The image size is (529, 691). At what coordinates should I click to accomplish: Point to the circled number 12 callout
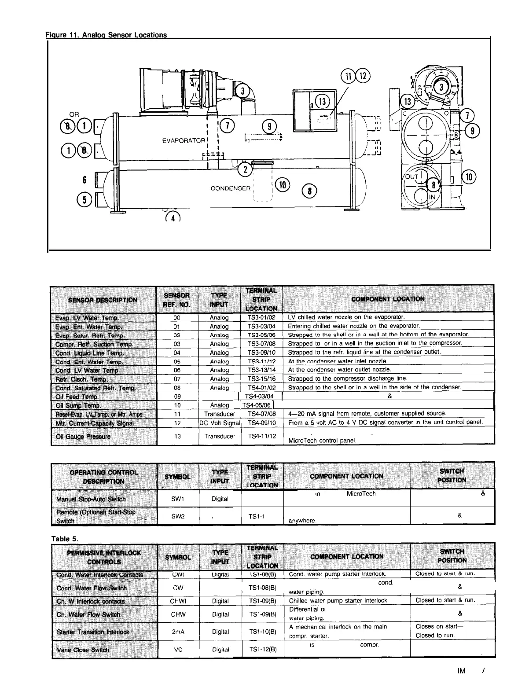pyautogui.click(x=364, y=76)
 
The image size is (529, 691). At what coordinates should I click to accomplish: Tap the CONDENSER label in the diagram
pyautogui.click(x=230, y=188)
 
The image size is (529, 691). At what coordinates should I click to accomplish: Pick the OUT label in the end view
pyautogui.click(x=412, y=176)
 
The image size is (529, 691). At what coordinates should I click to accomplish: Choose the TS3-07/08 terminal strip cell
pyautogui.click(x=261, y=344)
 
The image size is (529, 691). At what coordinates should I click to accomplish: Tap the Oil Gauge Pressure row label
pyautogui.click(x=83, y=437)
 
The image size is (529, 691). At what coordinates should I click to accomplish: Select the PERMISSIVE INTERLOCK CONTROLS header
pyautogui.click(x=104, y=557)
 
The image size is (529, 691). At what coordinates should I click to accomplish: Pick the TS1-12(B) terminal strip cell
pyautogui.click(x=262, y=649)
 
